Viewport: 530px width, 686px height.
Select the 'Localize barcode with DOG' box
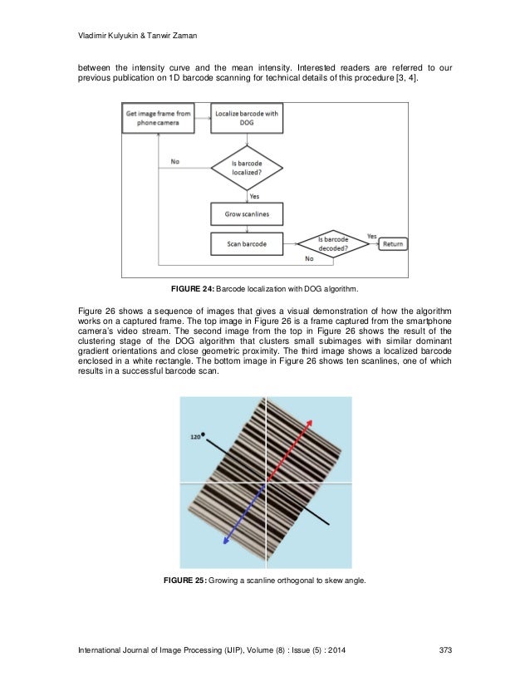click(x=247, y=118)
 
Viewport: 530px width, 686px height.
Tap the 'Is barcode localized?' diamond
click(x=247, y=167)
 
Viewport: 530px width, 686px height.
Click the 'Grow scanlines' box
click(x=247, y=214)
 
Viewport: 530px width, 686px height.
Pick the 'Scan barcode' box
click(x=247, y=244)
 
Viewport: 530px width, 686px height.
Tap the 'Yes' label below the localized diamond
click(x=254, y=196)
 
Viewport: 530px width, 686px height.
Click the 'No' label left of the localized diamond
click(x=174, y=162)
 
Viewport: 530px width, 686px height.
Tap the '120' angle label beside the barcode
click(x=195, y=436)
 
